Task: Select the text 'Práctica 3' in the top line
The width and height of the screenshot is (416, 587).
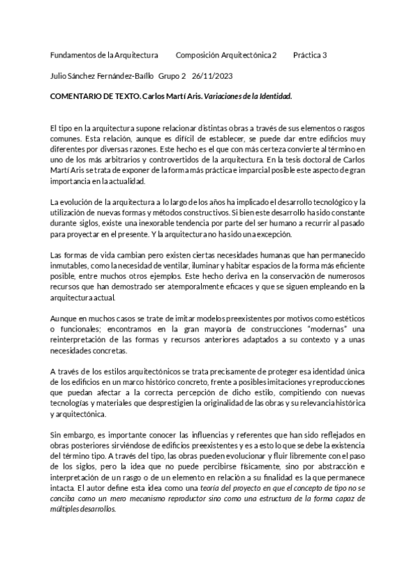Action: point(310,55)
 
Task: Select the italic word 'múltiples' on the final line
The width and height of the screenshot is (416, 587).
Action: point(67,507)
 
